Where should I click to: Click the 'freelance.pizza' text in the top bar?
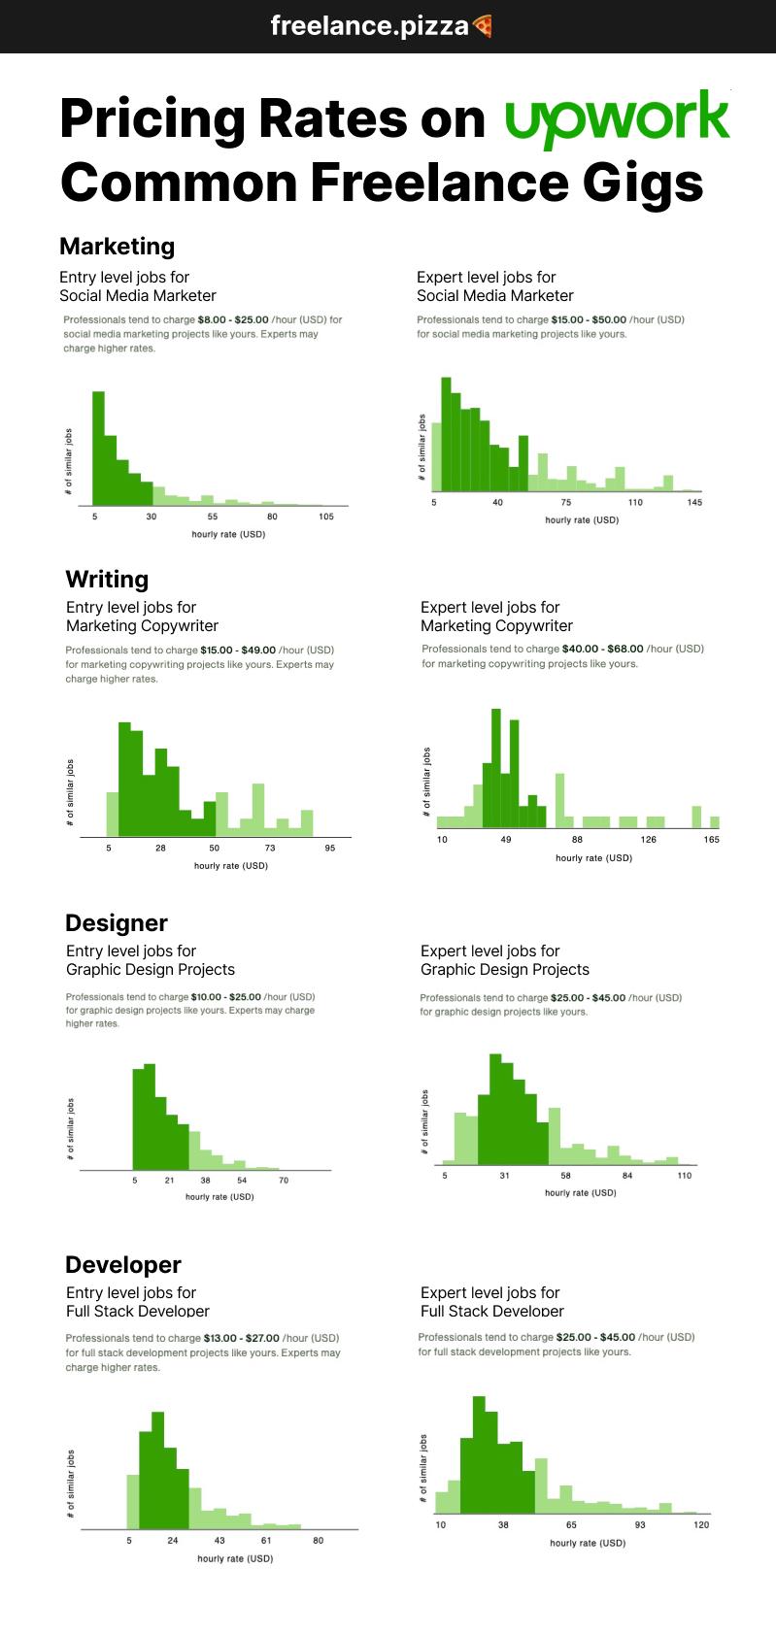tap(369, 26)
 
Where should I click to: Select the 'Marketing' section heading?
tap(117, 247)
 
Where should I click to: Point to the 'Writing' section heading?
tap(107, 580)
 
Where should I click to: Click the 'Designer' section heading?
tap(116, 923)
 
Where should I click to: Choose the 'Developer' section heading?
tap(122, 1265)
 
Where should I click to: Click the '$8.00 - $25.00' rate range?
tap(233, 319)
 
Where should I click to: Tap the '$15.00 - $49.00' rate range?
tap(238, 651)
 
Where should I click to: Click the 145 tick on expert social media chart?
tap(694, 503)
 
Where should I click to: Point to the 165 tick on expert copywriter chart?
tap(712, 840)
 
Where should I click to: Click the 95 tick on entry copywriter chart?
tap(330, 849)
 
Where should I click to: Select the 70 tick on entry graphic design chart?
tap(284, 1181)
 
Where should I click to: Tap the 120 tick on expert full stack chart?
tap(701, 1525)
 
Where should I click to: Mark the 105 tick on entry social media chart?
tap(326, 517)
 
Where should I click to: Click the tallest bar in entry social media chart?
tap(98, 447)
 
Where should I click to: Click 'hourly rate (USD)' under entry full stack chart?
tap(235, 1559)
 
